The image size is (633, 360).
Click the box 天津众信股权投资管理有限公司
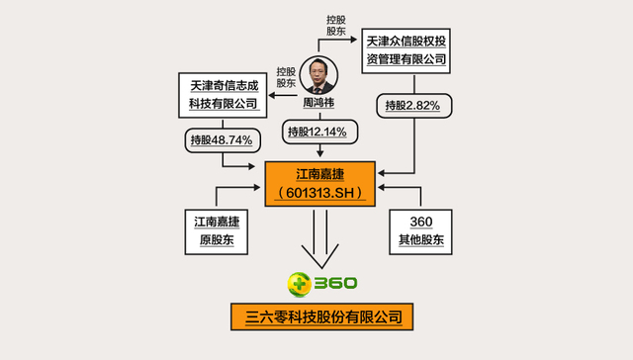click(x=406, y=50)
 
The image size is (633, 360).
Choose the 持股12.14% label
click(x=320, y=132)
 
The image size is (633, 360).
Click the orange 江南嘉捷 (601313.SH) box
click(x=321, y=182)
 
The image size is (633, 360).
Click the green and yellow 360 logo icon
click(x=298, y=286)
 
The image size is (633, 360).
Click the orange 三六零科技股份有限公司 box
click(x=321, y=317)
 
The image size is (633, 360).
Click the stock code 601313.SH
click(x=321, y=192)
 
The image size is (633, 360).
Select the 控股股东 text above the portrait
click(x=336, y=27)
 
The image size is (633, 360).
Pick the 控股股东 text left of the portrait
click(x=287, y=77)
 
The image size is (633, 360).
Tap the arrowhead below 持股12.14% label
click(x=320, y=152)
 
